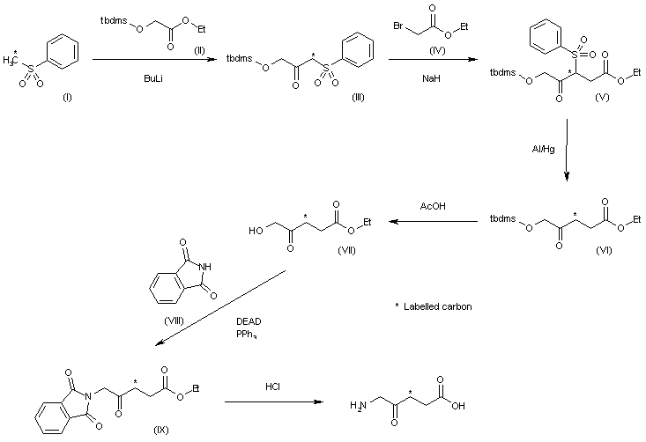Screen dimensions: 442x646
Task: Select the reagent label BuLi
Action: coord(152,78)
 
